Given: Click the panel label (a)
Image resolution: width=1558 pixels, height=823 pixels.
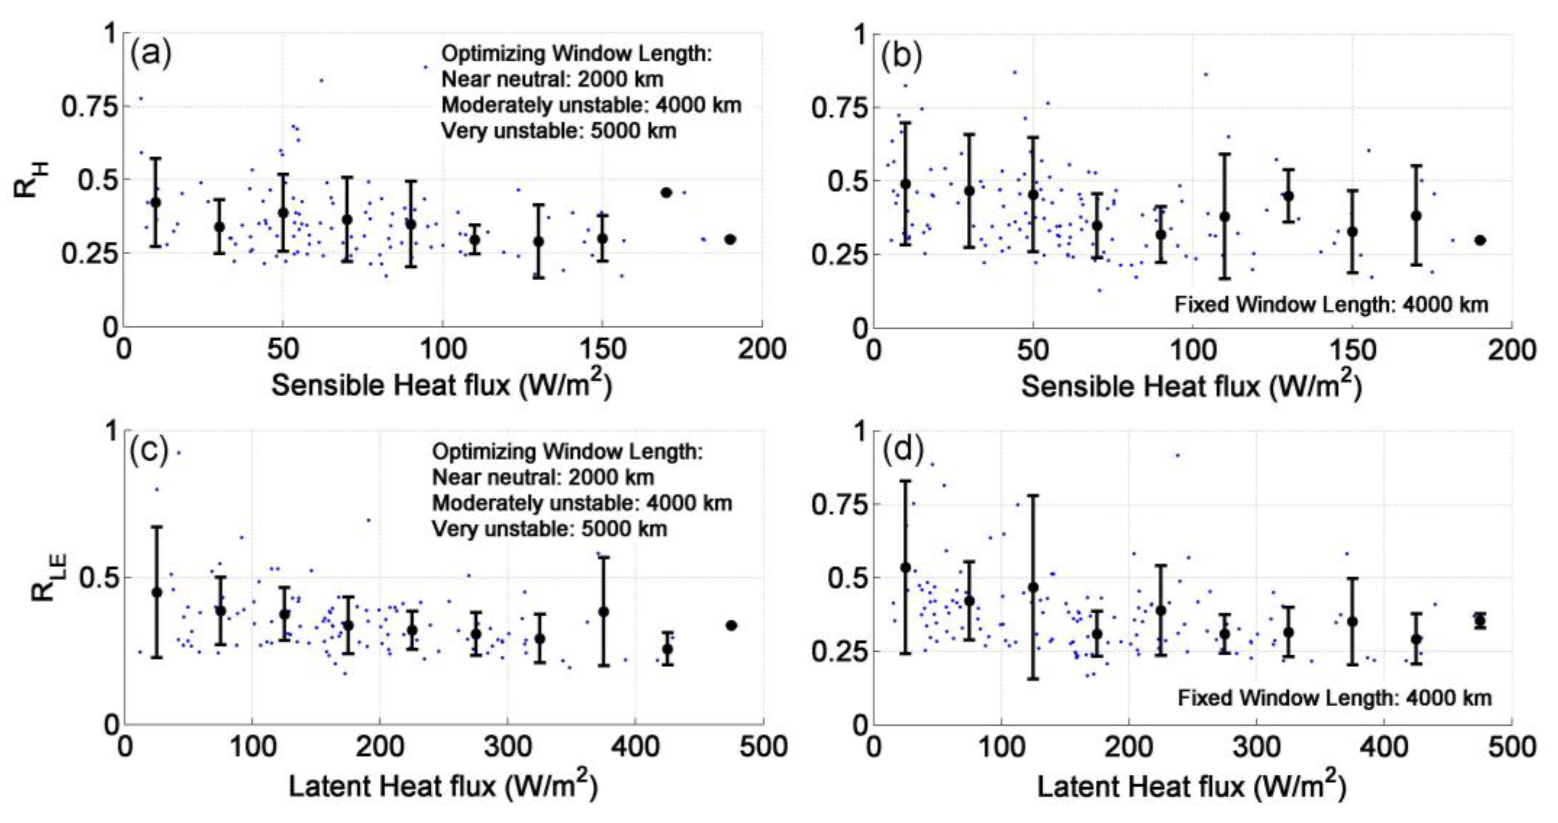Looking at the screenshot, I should (x=151, y=55).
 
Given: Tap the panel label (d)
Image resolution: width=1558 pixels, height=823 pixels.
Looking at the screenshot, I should (x=903, y=451).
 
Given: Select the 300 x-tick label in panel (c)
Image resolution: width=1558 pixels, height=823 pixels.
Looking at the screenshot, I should (x=507, y=747).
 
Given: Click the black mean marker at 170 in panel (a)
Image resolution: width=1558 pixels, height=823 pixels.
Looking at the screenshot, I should (x=667, y=192).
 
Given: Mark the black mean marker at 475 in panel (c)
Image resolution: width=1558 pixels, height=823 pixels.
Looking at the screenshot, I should (x=731, y=625).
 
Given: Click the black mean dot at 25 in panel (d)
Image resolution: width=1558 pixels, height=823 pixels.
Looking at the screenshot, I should (x=905, y=567).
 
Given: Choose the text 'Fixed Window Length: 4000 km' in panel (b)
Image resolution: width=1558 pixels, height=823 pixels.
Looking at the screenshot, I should (x=1331, y=304).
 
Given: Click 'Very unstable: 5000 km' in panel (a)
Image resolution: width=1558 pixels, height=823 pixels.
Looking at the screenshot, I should (x=558, y=131).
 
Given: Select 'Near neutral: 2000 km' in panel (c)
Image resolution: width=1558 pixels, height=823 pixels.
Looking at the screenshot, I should (x=543, y=477).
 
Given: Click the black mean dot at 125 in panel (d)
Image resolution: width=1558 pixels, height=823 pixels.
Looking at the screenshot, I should (x=1033, y=587).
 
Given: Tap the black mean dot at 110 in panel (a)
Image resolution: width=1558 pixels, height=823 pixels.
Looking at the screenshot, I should (x=475, y=239).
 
